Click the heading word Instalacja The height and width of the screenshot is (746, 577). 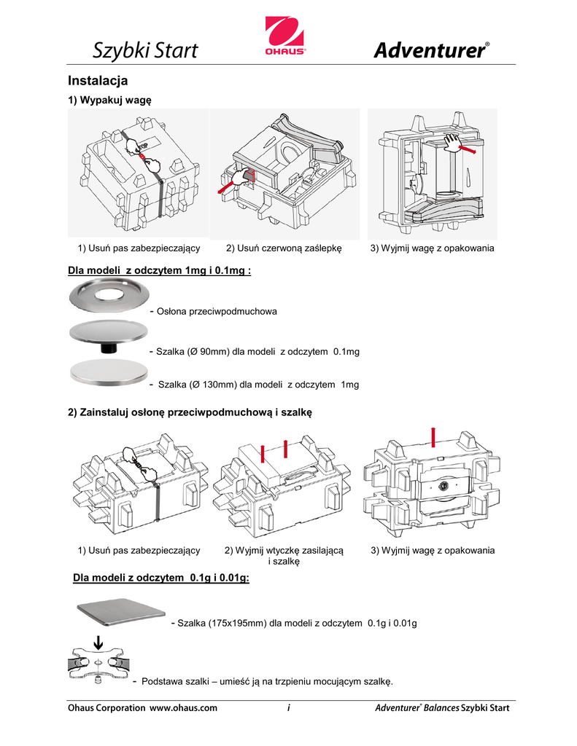[98, 79]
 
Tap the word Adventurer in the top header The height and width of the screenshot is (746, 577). [430, 51]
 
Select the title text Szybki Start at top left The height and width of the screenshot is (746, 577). [145, 51]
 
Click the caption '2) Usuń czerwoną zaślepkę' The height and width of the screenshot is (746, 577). [284, 248]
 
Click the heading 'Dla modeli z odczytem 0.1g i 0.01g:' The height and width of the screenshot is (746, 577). [162, 578]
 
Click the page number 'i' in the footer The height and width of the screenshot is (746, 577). [290, 707]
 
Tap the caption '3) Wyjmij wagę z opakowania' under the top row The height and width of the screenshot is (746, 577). [433, 248]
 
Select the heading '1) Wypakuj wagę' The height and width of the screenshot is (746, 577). [109, 100]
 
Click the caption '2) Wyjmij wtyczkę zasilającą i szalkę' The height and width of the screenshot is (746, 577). [284, 556]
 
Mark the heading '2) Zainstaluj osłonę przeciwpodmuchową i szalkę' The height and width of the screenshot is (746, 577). [190, 412]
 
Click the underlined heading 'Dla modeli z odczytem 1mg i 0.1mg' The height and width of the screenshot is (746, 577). [160, 271]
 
